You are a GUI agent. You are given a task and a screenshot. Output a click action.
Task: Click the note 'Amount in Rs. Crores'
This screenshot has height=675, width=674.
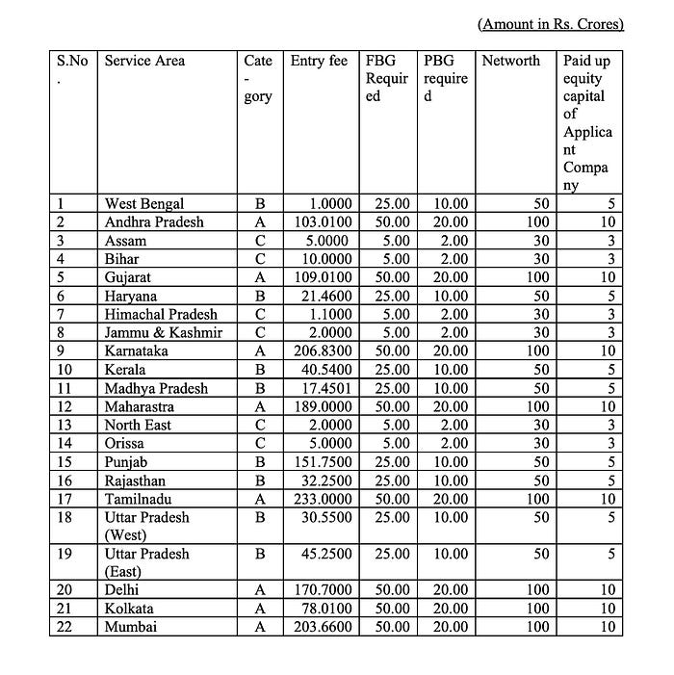pyautogui.click(x=550, y=24)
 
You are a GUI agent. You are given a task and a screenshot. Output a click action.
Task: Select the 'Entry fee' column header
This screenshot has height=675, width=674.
pyautogui.click(x=319, y=61)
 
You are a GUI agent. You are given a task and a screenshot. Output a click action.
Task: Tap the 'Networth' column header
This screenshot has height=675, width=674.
pyautogui.click(x=510, y=61)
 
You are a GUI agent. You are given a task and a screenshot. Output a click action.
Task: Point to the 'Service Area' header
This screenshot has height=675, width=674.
pyautogui.click(x=144, y=61)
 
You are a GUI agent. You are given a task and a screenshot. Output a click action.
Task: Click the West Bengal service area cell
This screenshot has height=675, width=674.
pyautogui.click(x=143, y=204)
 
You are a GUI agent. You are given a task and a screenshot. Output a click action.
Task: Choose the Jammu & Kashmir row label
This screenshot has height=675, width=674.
pyautogui.click(x=163, y=333)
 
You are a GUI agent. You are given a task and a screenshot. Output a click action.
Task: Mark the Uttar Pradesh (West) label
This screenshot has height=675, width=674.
pyautogui.click(x=146, y=526)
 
